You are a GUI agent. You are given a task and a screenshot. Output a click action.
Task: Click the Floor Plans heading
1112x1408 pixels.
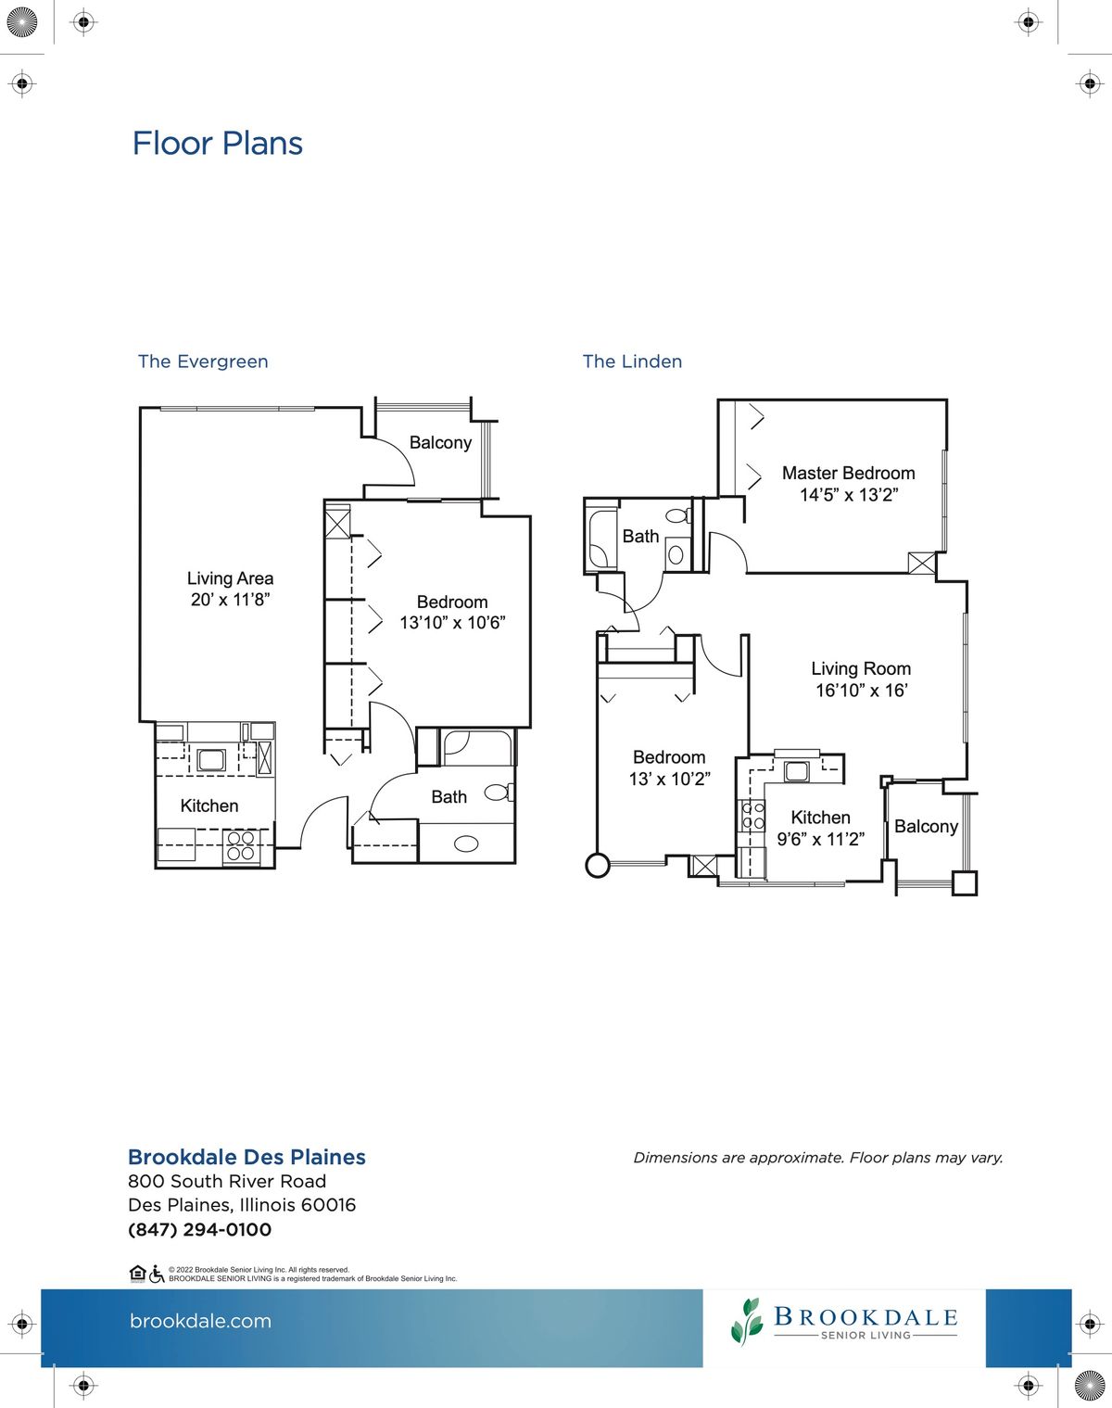coord(217,144)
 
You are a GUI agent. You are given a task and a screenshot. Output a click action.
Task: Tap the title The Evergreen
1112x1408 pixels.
coord(203,362)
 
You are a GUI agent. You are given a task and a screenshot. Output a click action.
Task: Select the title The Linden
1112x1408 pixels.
coord(632,362)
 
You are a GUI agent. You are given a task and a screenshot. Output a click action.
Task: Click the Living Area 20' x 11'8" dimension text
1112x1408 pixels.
coord(230,600)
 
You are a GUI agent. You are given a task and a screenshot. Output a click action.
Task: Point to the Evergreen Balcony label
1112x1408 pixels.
coord(440,443)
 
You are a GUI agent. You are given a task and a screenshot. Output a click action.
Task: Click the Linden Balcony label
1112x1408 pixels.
coord(926,826)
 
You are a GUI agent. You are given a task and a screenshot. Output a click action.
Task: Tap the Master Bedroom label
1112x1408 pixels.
coord(849,473)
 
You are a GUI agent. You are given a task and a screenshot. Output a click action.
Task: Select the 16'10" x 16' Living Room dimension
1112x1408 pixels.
coord(862,691)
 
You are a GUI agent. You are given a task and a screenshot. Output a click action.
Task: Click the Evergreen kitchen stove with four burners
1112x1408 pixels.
coord(241,846)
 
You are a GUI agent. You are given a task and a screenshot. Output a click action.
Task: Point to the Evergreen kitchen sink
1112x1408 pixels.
coord(211,760)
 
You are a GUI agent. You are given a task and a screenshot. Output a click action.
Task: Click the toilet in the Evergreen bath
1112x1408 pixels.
coord(499,793)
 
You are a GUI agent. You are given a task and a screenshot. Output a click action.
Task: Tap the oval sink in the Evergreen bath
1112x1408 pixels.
coord(466,844)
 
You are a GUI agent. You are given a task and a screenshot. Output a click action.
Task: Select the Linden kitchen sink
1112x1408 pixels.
coord(796,771)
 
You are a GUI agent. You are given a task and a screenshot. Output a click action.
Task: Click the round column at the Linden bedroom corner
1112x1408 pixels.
coord(597,866)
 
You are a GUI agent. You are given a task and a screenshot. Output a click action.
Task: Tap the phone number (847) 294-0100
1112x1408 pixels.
coord(199,1229)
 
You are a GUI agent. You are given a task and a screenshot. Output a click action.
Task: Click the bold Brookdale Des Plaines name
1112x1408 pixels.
coord(246,1157)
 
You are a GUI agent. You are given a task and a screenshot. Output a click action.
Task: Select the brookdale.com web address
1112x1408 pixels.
coord(200,1321)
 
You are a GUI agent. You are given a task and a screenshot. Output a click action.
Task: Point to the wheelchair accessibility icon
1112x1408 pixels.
coord(157,1274)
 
